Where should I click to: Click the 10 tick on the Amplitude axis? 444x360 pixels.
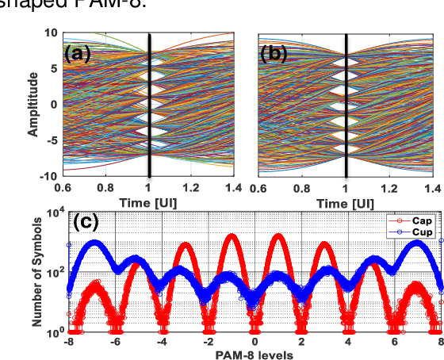pyautogui.click(x=52, y=33)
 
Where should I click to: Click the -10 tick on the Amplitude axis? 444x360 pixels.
pyautogui.click(x=49, y=175)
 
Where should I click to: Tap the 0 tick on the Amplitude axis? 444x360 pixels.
pyautogui.click(x=54, y=105)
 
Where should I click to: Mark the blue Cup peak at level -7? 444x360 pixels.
pyautogui.click(x=94, y=243)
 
